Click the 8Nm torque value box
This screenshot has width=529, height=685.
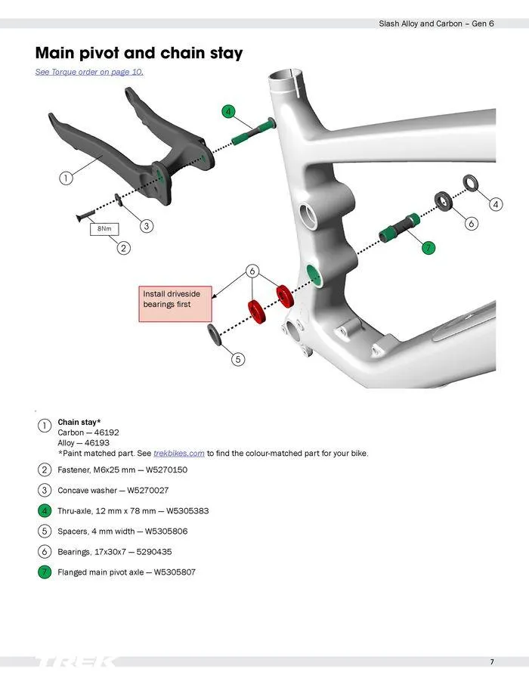click(x=104, y=228)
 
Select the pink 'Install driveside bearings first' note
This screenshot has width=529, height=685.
click(x=175, y=303)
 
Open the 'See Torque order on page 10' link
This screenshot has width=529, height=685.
click(x=89, y=72)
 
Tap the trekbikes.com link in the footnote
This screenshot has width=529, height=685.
click(x=179, y=453)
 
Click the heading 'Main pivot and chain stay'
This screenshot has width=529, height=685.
click(x=139, y=53)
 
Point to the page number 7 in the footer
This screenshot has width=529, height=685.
click(x=492, y=662)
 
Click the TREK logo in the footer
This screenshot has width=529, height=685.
click(x=76, y=662)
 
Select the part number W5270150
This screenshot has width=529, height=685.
click(x=167, y=470)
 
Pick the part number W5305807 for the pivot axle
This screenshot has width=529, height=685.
click(x=175, y=572)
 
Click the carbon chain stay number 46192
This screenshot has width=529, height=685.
click(x=106, y=432)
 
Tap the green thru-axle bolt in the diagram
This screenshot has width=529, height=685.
click(x=249, y=133)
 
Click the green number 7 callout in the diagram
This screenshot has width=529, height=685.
click(x=428, y=247)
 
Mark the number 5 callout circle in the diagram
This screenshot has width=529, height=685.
click(x=238, y=359)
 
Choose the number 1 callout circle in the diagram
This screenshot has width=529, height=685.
click(x=67, y=178)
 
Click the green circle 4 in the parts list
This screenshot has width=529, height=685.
click(x=45, y=511)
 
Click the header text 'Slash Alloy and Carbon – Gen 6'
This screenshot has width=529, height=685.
click(x=436, y=24)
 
